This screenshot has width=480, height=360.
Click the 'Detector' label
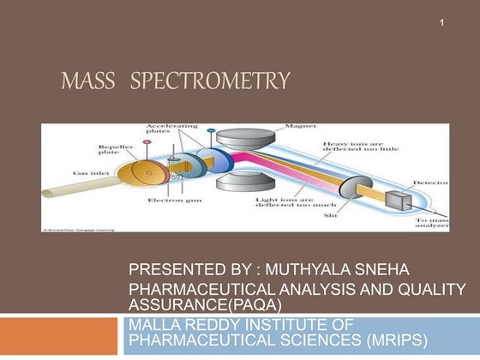point(428,183)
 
